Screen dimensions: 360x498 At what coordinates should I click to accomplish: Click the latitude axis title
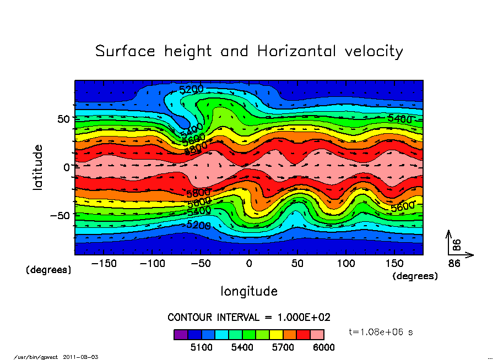pyautogui.click(x=38, y=167)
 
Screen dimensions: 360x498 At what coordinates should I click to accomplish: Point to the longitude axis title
pyautogui.click(x=249, y=291)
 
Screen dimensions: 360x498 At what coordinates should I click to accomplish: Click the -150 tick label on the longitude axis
pyautogui.click(x=104, y=264)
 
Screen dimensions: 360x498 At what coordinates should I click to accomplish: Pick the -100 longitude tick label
pyautogui.click(x=152, y=264)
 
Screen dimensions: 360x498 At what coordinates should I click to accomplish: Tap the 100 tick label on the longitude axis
pyautogui.click(x=346, y=264)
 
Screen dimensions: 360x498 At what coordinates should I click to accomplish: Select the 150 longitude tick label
pyautogui.click(x=394, y=264)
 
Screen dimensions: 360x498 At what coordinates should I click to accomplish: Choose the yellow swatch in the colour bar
pyautogui.click(x=276, y=334)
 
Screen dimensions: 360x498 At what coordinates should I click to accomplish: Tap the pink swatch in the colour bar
pyautogui.click(x=317, y=334)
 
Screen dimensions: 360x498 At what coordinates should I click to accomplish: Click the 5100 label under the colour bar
pyautogui.click(x=201, y=348)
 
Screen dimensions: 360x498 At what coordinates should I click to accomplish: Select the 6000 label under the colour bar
pyautogui.click(x=324, y=348)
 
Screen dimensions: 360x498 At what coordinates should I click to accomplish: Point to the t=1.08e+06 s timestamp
pyautogui.click(x=381, y=332)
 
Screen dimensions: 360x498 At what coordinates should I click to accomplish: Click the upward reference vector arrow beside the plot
pyautogui.click(x=449, y=241)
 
